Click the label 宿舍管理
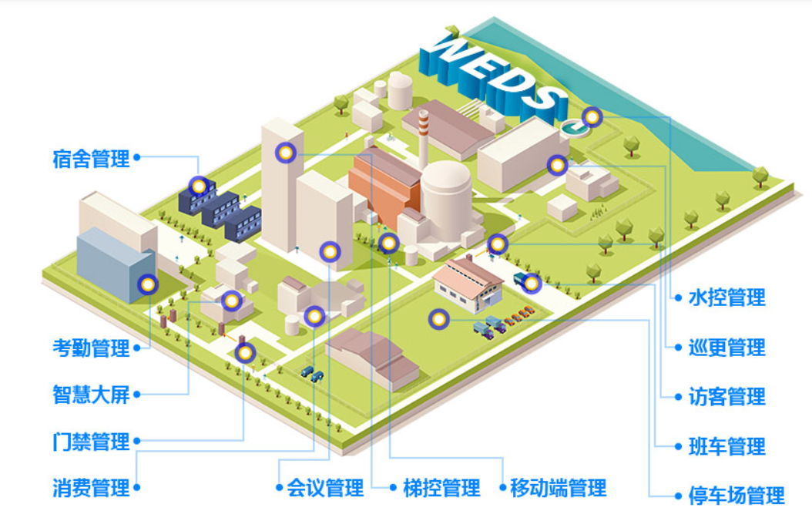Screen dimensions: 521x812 [91, 160]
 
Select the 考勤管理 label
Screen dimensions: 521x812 [91, 348]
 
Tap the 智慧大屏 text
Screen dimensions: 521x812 [91, 395]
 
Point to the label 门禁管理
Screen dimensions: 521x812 [91, 442]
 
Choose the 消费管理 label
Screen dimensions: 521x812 [91, 488]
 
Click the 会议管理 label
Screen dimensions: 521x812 [324, 488]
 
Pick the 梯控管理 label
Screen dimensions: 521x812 [441, 488]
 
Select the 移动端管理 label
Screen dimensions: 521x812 [558, 488]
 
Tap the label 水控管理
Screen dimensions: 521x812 [726, 297]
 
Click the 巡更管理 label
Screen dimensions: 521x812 [726, 348]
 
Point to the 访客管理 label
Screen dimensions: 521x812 [726, 397]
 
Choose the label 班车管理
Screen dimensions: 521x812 [726, 446]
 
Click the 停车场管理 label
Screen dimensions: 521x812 [737, 496]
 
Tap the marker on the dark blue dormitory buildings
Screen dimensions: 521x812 [200, 186]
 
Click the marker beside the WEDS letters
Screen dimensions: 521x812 [592, 117]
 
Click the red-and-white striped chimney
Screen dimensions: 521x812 [424, 139]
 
